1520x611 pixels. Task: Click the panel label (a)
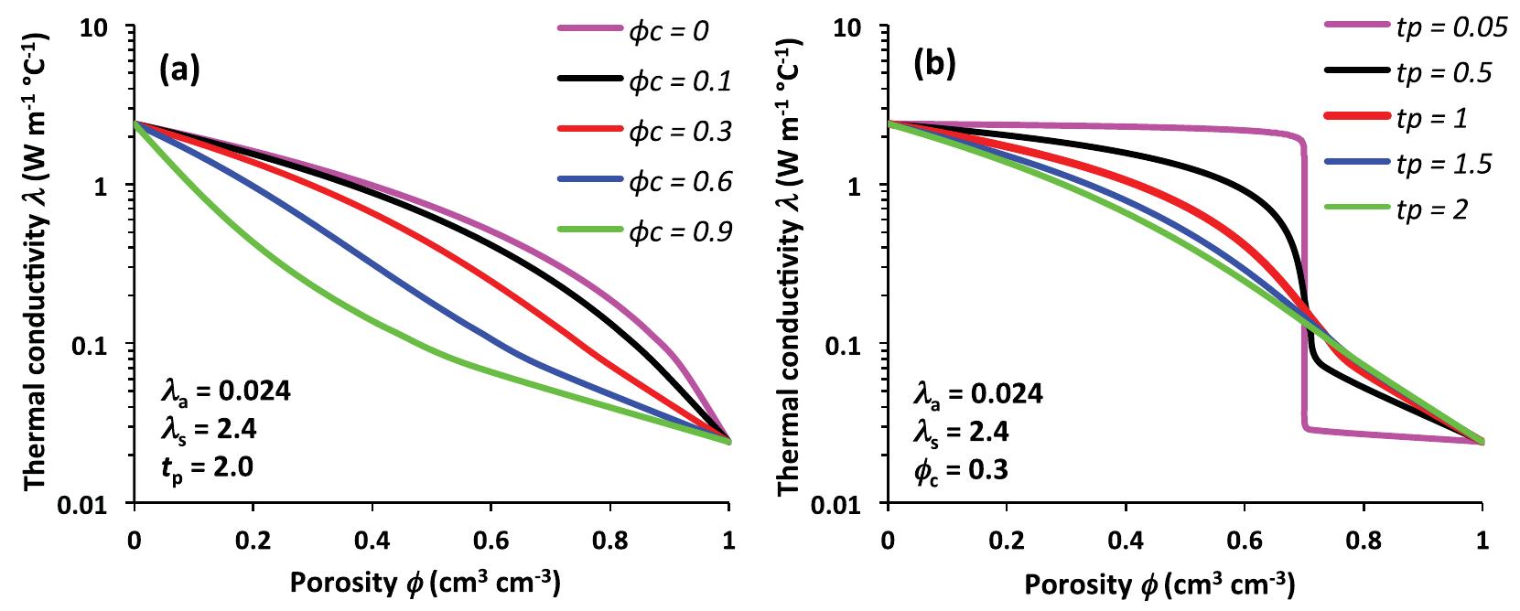point(179,69)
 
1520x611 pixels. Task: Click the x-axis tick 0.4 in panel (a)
point(372,541)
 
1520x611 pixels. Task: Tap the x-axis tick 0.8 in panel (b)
point(1364,541)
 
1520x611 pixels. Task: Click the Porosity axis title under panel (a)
point(426,583)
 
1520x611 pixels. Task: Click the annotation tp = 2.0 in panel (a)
point(206,467)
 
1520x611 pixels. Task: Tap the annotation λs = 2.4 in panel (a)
point(208,431)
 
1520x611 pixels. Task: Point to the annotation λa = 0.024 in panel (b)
point(978,393)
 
